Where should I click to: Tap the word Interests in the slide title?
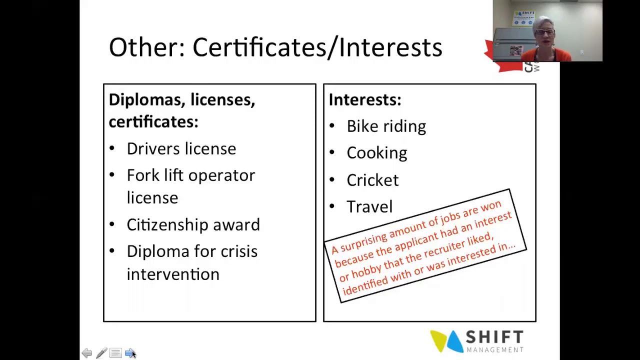pos(390,47)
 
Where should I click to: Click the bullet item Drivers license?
pos(181,148)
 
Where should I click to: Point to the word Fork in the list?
pos(143,175)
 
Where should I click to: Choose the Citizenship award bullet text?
pos(193,224)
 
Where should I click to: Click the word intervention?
pos(173,274)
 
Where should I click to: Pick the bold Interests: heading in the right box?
pos(365,99)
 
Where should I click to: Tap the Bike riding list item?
pos(386,126)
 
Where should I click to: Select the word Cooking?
pos(377,153)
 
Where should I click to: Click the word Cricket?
pos(372,180)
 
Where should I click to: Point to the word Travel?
pos(369,206)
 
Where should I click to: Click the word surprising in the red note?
pos(363,241)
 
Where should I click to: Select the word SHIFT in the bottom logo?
pos(494,337)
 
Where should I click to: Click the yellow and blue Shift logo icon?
pos(446,341)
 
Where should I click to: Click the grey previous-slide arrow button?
pos(87,353)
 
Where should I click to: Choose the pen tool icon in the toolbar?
pos(101,353)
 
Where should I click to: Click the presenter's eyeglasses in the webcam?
pos(545,32)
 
